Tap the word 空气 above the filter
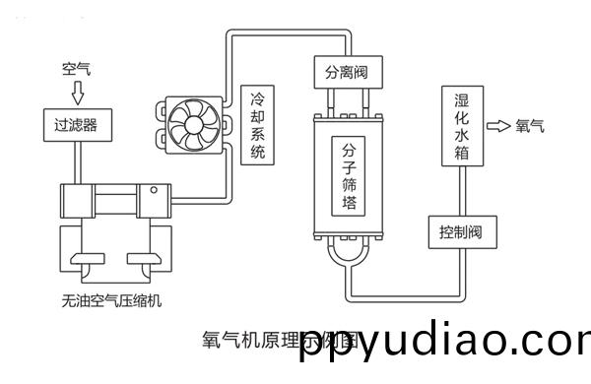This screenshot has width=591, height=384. (76, 69)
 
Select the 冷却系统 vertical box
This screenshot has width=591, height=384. (258, 124)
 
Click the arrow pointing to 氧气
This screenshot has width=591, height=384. (499, 126)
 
